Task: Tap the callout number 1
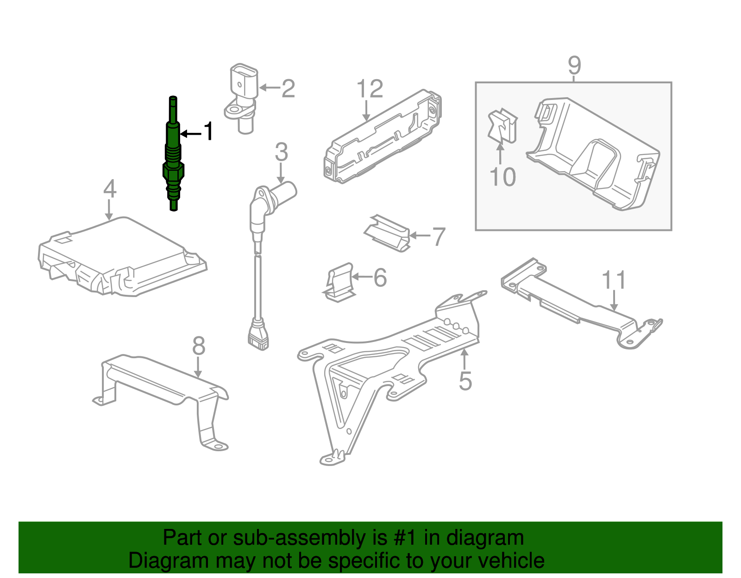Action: [x=209, y=131]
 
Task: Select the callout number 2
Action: [x=288, y=88]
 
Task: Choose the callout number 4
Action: [x=110, y=189]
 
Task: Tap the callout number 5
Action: [x=465, y=381]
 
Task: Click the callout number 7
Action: [x=438, y=236]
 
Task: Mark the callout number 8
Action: [x=199, y=346]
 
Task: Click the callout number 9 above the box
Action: [x=574, y=65]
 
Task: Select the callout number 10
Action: [x=502, y=177]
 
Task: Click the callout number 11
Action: [x=614, y=280]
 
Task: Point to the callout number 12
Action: [x=370, y=89]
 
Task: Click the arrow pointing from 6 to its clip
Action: [x=362, y=277]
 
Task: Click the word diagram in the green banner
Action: [x=485, y=538]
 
